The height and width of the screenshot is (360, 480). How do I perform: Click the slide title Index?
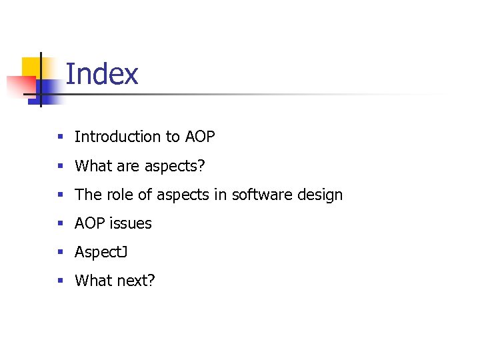coord(102,74)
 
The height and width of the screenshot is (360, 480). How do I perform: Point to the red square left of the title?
coord(20,86)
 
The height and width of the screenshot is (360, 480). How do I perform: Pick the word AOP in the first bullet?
coord(199,137)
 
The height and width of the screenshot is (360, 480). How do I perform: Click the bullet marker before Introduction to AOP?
coord(60,137)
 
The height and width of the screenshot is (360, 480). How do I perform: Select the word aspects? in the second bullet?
coord(173,166)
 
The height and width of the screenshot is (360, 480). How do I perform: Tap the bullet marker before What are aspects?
coord(60,166)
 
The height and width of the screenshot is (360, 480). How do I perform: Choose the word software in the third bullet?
coord(261,195)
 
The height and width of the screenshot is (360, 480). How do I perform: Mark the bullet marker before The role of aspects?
coord(60,195)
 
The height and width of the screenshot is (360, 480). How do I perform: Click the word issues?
coord(132,223)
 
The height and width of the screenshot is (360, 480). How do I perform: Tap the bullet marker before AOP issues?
coord(60,223)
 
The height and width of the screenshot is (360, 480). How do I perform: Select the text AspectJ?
coord(101,253)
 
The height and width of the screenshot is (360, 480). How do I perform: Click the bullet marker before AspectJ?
coord(60,252)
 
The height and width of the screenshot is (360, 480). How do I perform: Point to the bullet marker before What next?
coord(60,281)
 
